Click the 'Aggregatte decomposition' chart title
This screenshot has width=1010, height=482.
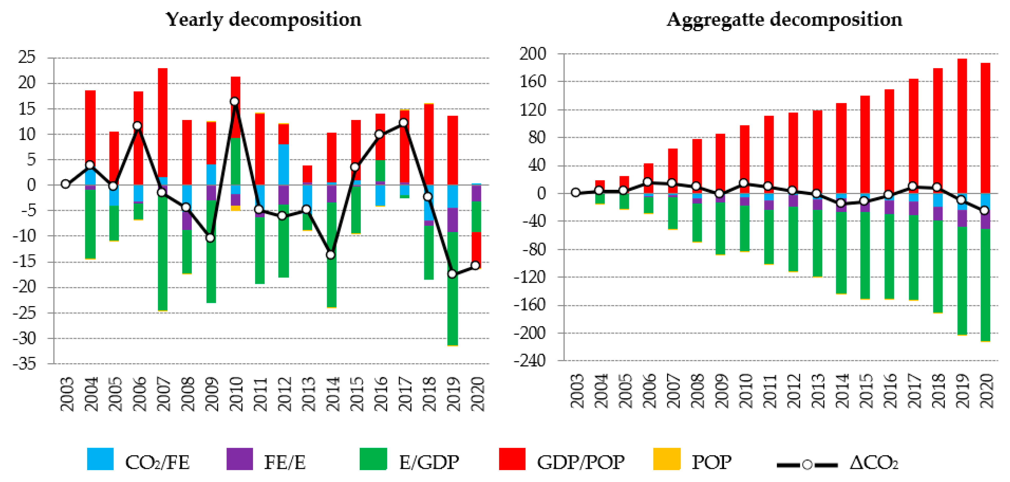[x=784, y=20]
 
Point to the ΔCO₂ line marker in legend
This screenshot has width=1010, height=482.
[x=807, y=465]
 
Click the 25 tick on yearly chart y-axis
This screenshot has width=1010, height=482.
[x=27, y=57]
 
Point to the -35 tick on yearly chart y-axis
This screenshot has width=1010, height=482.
[x=24, y=364]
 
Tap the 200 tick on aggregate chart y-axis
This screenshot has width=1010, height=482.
[x=533, y=54]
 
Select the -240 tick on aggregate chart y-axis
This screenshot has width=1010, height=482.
[x=530, y=360]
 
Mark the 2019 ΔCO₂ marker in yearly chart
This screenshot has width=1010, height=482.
[x=452, y=274]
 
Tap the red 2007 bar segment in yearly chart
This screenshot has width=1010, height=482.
[x=163, y=122]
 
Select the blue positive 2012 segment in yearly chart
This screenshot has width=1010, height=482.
[x=283, y=164]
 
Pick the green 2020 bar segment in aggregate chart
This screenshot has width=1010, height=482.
[x=985, y=285]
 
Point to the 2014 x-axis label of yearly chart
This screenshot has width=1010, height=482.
[x=332, y=394]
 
